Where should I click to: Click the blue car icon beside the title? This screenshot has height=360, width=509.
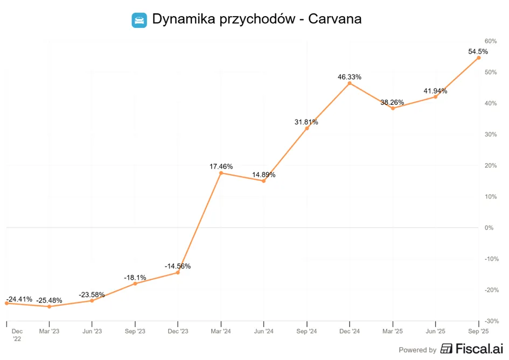point(139,20)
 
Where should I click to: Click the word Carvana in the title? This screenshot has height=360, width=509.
point(334,19)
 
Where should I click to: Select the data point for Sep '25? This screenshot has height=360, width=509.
point(478,58)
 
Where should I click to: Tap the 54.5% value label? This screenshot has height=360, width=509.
point(478,52)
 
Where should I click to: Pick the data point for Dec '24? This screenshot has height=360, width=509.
point(350,83)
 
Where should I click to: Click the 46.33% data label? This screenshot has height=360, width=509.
point(349,77)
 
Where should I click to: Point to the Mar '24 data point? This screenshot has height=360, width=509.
point(221,173)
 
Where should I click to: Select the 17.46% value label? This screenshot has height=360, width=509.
point(221,166)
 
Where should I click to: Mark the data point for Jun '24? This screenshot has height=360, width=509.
point(263,181)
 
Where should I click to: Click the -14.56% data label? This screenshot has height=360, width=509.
point(178,266)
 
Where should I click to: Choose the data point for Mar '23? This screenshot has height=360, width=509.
point(50,307)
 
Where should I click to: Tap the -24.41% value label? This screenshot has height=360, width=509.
point(19,299)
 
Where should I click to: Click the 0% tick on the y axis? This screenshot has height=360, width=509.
point(489,228)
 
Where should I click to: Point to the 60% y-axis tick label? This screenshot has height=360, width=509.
point(491,41)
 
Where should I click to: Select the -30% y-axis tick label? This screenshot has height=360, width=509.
point(491,321)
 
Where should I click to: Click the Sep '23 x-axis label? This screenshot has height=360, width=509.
point(135,331)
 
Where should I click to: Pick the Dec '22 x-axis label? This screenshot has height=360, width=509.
point(17,335)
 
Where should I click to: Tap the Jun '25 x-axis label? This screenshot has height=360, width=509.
point(435,331)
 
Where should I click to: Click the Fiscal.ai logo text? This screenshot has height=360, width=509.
point(479,349)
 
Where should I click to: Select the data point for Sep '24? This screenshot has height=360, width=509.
point(307,129)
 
